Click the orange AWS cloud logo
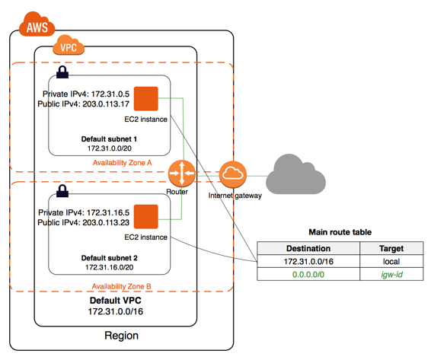point(37,24)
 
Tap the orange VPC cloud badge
point(69,45)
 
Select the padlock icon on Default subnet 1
point(62,72)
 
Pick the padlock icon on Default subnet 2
point(62,191)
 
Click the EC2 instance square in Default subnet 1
point(146,99)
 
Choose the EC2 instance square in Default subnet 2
point(146,217)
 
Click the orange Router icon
point(182,174)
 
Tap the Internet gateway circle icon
point(233,174)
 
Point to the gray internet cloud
point(295,174)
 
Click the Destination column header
point(308,248)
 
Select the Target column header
point(391,248)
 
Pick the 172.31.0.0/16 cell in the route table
point(308,261)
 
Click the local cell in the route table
point(391,261)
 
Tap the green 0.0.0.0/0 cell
point(308,274)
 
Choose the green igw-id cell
point(391,274)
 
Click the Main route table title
point(340,232)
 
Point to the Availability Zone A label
point(123,163)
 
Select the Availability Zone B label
point(122,286)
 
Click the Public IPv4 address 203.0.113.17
point(106,104)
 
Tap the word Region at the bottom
point(122,336)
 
